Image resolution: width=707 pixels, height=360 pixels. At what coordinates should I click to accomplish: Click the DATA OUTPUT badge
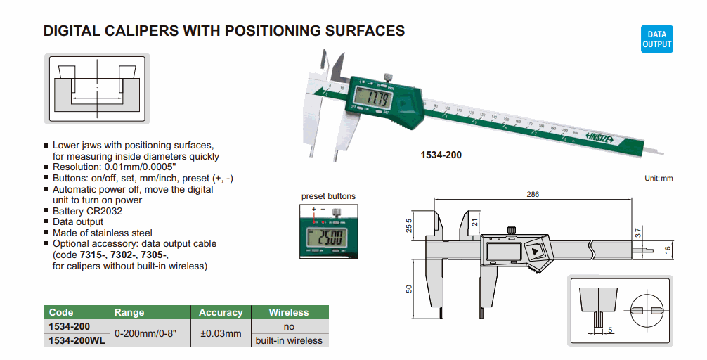click(656, 39)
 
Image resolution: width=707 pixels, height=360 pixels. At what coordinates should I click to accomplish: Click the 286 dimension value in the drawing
click(533, 195)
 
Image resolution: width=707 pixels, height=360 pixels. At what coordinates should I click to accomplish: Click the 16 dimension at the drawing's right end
click(668, 249)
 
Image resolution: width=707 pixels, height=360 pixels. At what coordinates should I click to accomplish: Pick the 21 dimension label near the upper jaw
click(475, 224)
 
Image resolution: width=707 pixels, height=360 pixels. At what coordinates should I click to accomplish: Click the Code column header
click(61, 312)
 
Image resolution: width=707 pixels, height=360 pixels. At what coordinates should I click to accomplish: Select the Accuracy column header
click(221, 312)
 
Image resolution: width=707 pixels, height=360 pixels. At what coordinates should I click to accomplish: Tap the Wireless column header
click(288, 312)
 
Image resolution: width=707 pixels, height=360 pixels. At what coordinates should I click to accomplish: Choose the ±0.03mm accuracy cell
click(221, 333)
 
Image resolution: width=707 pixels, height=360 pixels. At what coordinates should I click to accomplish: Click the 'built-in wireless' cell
click(288, 340)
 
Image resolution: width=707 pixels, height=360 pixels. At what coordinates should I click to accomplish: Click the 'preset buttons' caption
click(328, 196)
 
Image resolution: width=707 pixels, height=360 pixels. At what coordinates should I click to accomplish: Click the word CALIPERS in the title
click(131, 31)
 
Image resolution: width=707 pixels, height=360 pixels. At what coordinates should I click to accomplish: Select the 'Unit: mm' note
click(659, 179)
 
